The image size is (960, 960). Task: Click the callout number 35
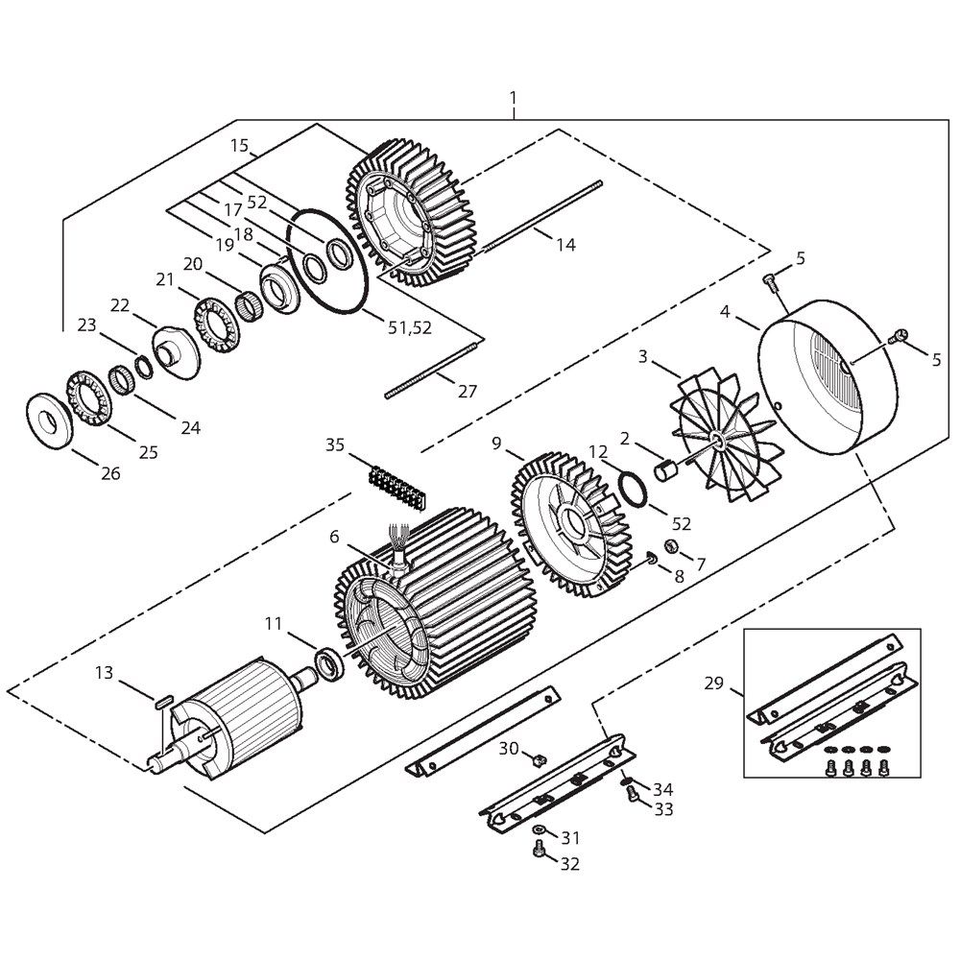[335, 444]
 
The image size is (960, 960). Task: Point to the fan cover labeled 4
[828, 376]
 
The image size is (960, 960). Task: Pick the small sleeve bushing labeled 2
[666, 472]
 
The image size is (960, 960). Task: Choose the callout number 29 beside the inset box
[714, 683]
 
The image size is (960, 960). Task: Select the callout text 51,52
[410, 327]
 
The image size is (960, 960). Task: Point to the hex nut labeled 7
[670, 544]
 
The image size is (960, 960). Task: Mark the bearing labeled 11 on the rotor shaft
[329, 663]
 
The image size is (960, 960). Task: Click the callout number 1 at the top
[513, 98]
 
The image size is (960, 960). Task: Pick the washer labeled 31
[540, 828]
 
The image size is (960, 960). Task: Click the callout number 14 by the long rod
[565, 244]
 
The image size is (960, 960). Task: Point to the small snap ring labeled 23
[144, 368]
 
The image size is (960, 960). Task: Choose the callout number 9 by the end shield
[496, 443]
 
